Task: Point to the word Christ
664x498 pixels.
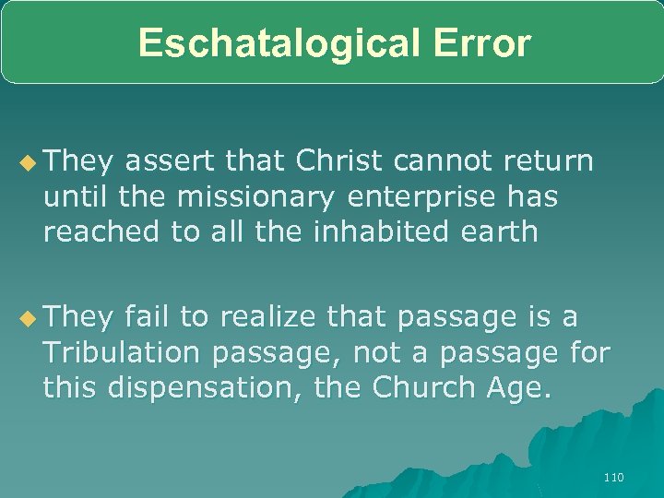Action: click(x=340, y=161)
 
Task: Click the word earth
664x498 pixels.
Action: click(x=503, y=231)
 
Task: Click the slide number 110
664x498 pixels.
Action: click(x=613, y=477)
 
